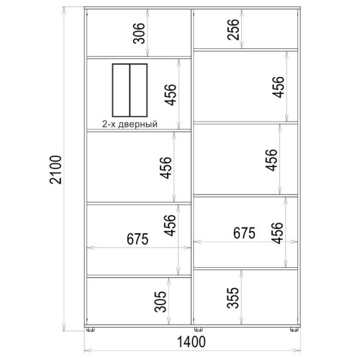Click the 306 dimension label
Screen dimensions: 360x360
[139, 33]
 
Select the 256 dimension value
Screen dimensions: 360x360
[233, 30]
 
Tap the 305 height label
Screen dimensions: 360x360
[160, 302]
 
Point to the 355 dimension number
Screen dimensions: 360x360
[233, 297]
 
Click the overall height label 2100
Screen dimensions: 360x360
[55, 170]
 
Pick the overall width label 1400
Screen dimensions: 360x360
[192, 342]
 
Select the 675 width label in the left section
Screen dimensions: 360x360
[138, 239]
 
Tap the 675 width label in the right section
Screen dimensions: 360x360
[244, 233]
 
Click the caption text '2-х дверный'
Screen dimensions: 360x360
[130, 124]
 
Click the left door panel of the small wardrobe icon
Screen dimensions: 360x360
[121, 90]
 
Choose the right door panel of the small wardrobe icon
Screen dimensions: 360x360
[138, 90]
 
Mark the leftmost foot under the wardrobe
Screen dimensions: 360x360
[90, 329]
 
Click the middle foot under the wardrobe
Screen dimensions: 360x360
[198, 329]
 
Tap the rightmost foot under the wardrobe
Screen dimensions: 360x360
[294, 329]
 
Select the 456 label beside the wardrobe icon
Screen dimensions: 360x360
[170, 95]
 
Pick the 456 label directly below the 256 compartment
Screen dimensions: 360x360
[278, 87]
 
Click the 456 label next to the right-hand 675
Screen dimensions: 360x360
[277, 233]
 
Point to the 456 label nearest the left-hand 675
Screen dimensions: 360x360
[170, 225]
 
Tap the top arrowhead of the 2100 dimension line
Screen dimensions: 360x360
[63, 10]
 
